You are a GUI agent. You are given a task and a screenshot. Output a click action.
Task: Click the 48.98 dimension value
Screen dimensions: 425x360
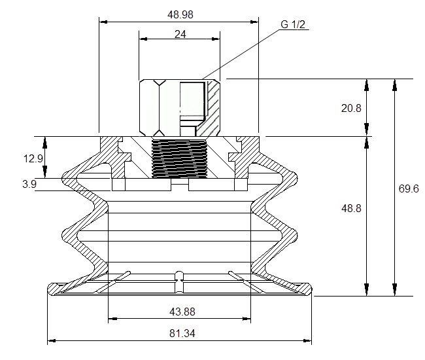click(180, 14)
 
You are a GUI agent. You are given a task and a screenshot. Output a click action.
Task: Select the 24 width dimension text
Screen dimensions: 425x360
click(180, 34)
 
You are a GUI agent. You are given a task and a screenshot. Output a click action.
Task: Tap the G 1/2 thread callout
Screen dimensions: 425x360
click(293, 24)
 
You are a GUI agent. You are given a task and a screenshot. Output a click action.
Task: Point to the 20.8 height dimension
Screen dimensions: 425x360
click(351, 108)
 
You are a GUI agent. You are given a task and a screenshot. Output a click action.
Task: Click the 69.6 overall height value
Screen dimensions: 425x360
click(409, 189)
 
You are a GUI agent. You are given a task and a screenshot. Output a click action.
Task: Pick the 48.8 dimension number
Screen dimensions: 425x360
click(351, 208)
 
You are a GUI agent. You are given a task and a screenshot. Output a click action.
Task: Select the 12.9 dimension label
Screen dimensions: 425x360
click(33, 158)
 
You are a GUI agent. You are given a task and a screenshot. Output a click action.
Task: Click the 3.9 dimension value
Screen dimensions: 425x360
click(29, 184)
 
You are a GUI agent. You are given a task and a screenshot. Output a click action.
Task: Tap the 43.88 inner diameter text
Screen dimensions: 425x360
click(182, 312)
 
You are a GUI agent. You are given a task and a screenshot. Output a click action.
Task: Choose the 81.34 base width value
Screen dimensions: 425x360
click(182, 333)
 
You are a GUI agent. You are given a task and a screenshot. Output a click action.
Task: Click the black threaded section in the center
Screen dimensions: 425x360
click(179, 158)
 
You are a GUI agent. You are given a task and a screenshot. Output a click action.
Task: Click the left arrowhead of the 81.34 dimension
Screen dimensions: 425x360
click(52, 340)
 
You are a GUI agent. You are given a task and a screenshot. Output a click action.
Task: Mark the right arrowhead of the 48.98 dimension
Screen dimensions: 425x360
click(254, 22)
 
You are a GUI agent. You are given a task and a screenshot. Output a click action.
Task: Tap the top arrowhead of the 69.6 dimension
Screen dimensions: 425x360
click(395, 84)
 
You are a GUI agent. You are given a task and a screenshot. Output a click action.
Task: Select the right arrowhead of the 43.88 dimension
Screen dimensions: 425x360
click(247, 319)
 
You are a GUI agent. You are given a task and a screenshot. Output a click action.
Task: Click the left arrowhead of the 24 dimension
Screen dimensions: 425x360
click(143, 39)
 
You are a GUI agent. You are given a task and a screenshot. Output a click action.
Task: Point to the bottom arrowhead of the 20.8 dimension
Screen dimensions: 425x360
click(366, 130)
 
